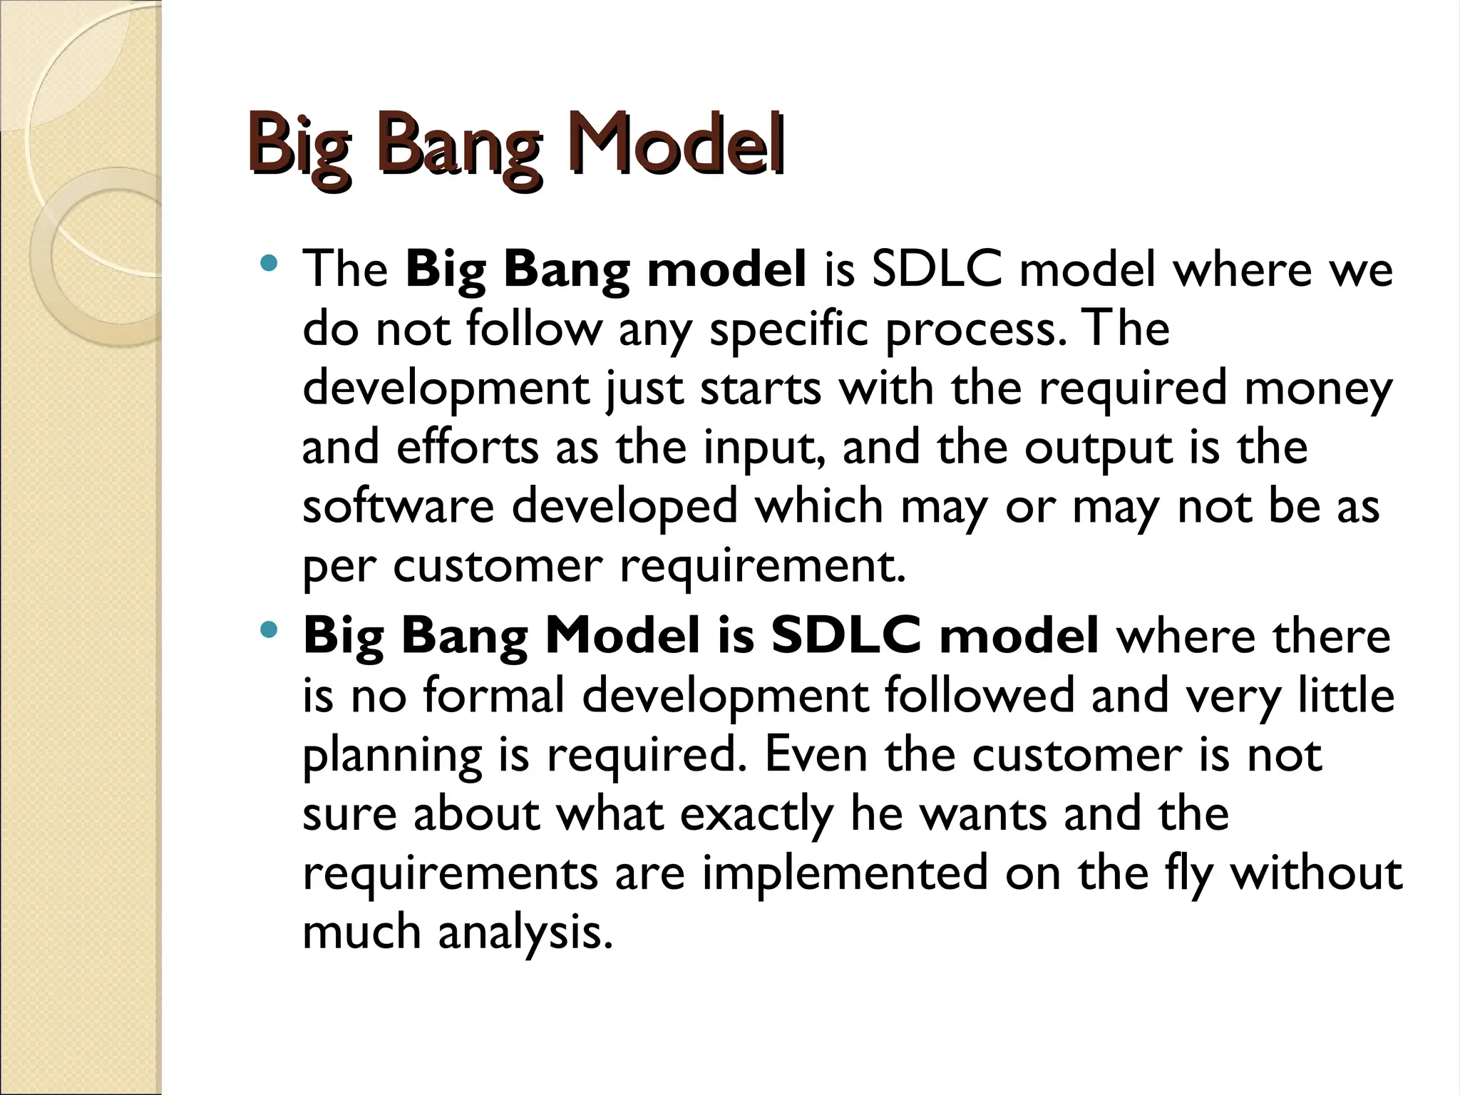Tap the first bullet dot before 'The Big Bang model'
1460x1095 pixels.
point(269,264)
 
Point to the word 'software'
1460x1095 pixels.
point(398,506)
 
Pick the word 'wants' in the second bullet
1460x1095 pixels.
point(984,814)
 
